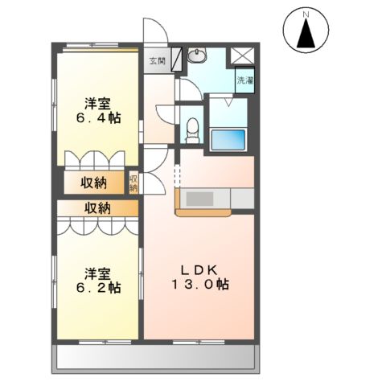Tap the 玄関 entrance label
[x=155, y=60]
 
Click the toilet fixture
[x=192, y=128]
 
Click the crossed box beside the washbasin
[x=242, y=57]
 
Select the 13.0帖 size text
[x=201, y=285]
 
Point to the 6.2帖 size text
[x=100, y=286]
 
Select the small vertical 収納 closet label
[x=134, y=183]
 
